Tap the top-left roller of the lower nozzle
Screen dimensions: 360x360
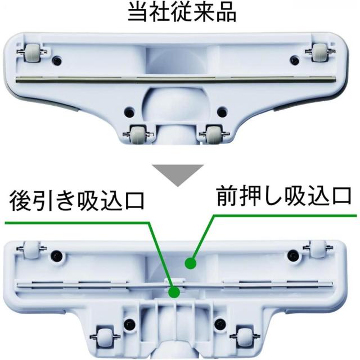[x=32, y=248]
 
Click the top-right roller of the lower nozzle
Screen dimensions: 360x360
[x=319, y=248]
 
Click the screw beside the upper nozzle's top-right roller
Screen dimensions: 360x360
[x=295, y=60]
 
